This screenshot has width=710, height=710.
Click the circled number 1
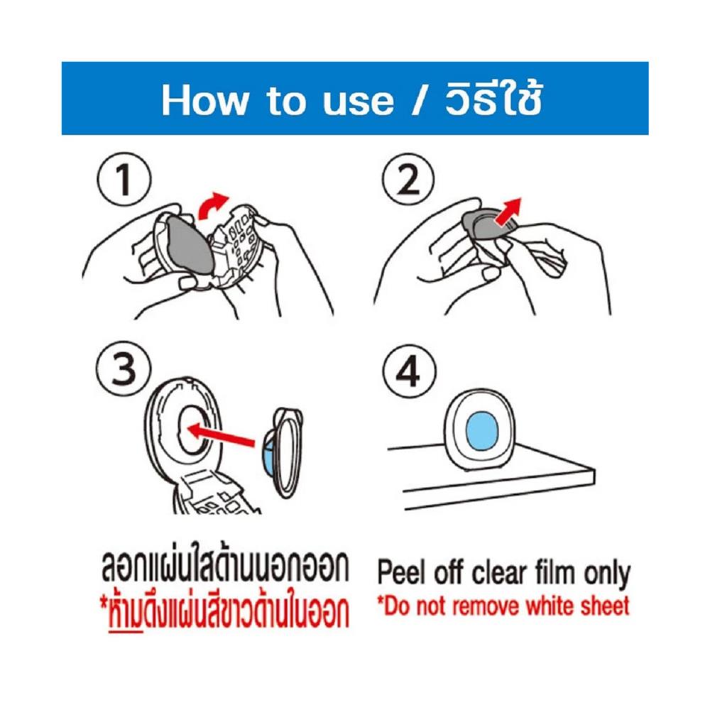coord(124,180)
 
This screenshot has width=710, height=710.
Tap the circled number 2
coord(408,180)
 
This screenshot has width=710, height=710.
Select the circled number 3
coord(124,368)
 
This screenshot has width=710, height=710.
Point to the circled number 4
coord(409,372)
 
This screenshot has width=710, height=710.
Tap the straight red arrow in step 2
coord(508,212)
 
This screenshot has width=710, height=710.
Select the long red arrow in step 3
coord(222,435)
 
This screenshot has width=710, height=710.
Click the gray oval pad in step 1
coord(190,244)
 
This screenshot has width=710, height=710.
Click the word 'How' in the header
coord(205,101)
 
